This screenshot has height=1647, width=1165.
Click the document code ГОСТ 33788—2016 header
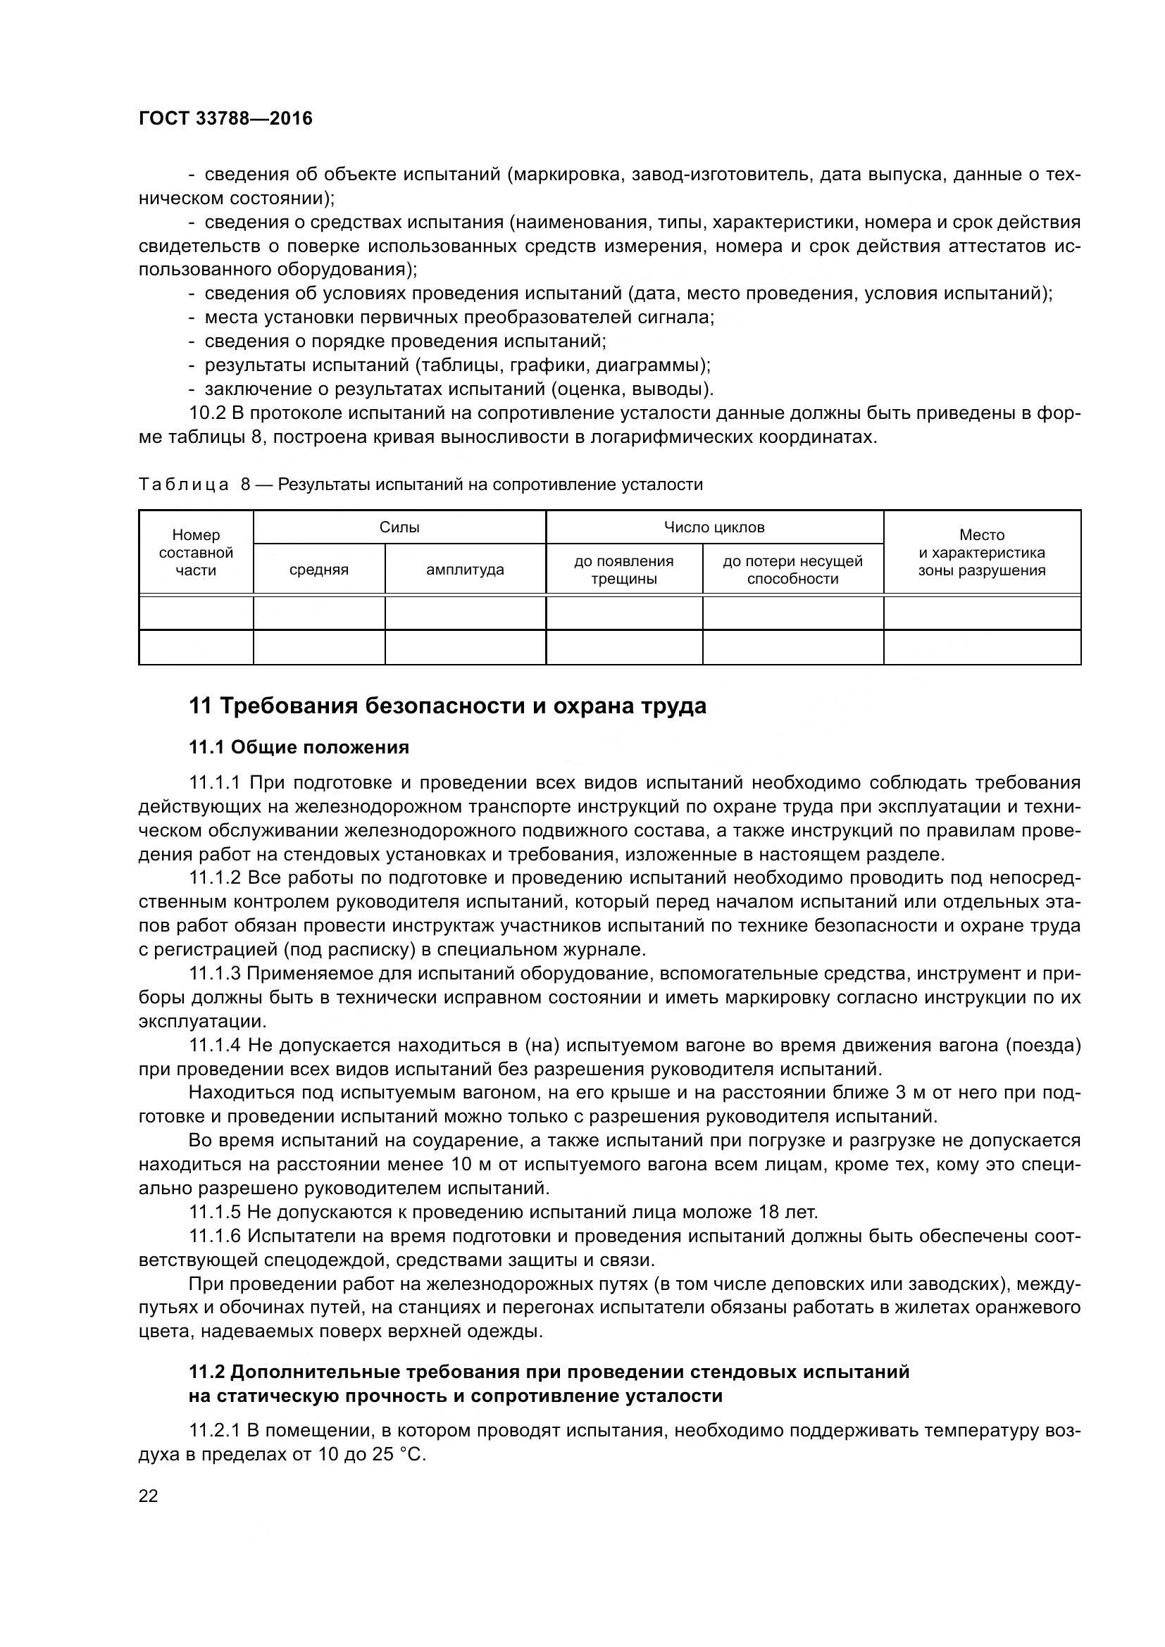coord(225,118)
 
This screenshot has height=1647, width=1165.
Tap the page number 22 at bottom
coord(148,1496)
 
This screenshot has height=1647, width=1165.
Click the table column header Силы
coord(399,527)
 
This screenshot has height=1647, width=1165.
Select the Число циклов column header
coord(714,527)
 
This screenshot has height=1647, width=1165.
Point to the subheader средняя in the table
coord(318,570)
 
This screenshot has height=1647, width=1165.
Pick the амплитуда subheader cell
coord(465,570)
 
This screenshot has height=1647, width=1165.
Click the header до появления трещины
coord(623,570)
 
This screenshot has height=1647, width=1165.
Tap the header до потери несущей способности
coord(792,570)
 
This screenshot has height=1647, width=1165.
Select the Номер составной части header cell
coord(196,552)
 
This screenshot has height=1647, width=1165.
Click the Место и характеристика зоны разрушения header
coord(981,552)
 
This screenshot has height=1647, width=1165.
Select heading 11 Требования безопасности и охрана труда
coord(447,706)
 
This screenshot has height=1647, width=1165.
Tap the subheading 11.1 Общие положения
coord(299,748)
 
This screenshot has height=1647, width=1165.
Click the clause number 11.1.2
coord(216,878)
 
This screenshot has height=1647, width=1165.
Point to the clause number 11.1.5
coord(216,1213)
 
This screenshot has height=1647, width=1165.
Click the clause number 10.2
coord(207,413)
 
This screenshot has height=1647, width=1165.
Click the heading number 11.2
coord(206,1372)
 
